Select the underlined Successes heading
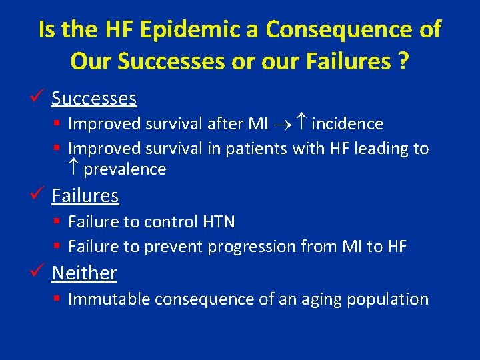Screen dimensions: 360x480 tap(94, 99)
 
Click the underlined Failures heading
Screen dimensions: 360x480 tap(85, 196)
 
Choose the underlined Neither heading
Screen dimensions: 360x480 tap(85, 273)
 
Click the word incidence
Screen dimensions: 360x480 tap(347, 124)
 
